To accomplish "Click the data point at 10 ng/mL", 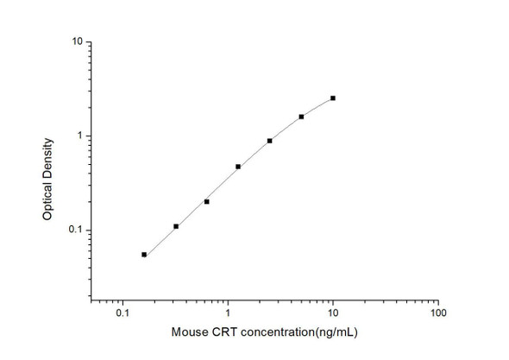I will [x=333, y=98].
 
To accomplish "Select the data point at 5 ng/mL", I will [x=301, y=117].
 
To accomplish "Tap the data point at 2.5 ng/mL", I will [x=270, y=141].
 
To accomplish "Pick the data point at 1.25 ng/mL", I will [x=238, y=167].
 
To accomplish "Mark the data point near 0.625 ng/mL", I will [x=207, y=202].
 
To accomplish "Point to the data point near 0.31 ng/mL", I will [x=176, y=227].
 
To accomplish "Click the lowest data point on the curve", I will [x=144, y=255].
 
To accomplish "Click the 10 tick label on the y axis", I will [x=78, y=42].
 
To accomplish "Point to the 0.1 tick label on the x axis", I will [x=123, y=314].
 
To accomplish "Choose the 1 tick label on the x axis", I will [x=228, y=314].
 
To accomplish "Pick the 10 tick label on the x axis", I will [x=333, y=314].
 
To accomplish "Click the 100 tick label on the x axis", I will [x=437, y=314].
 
